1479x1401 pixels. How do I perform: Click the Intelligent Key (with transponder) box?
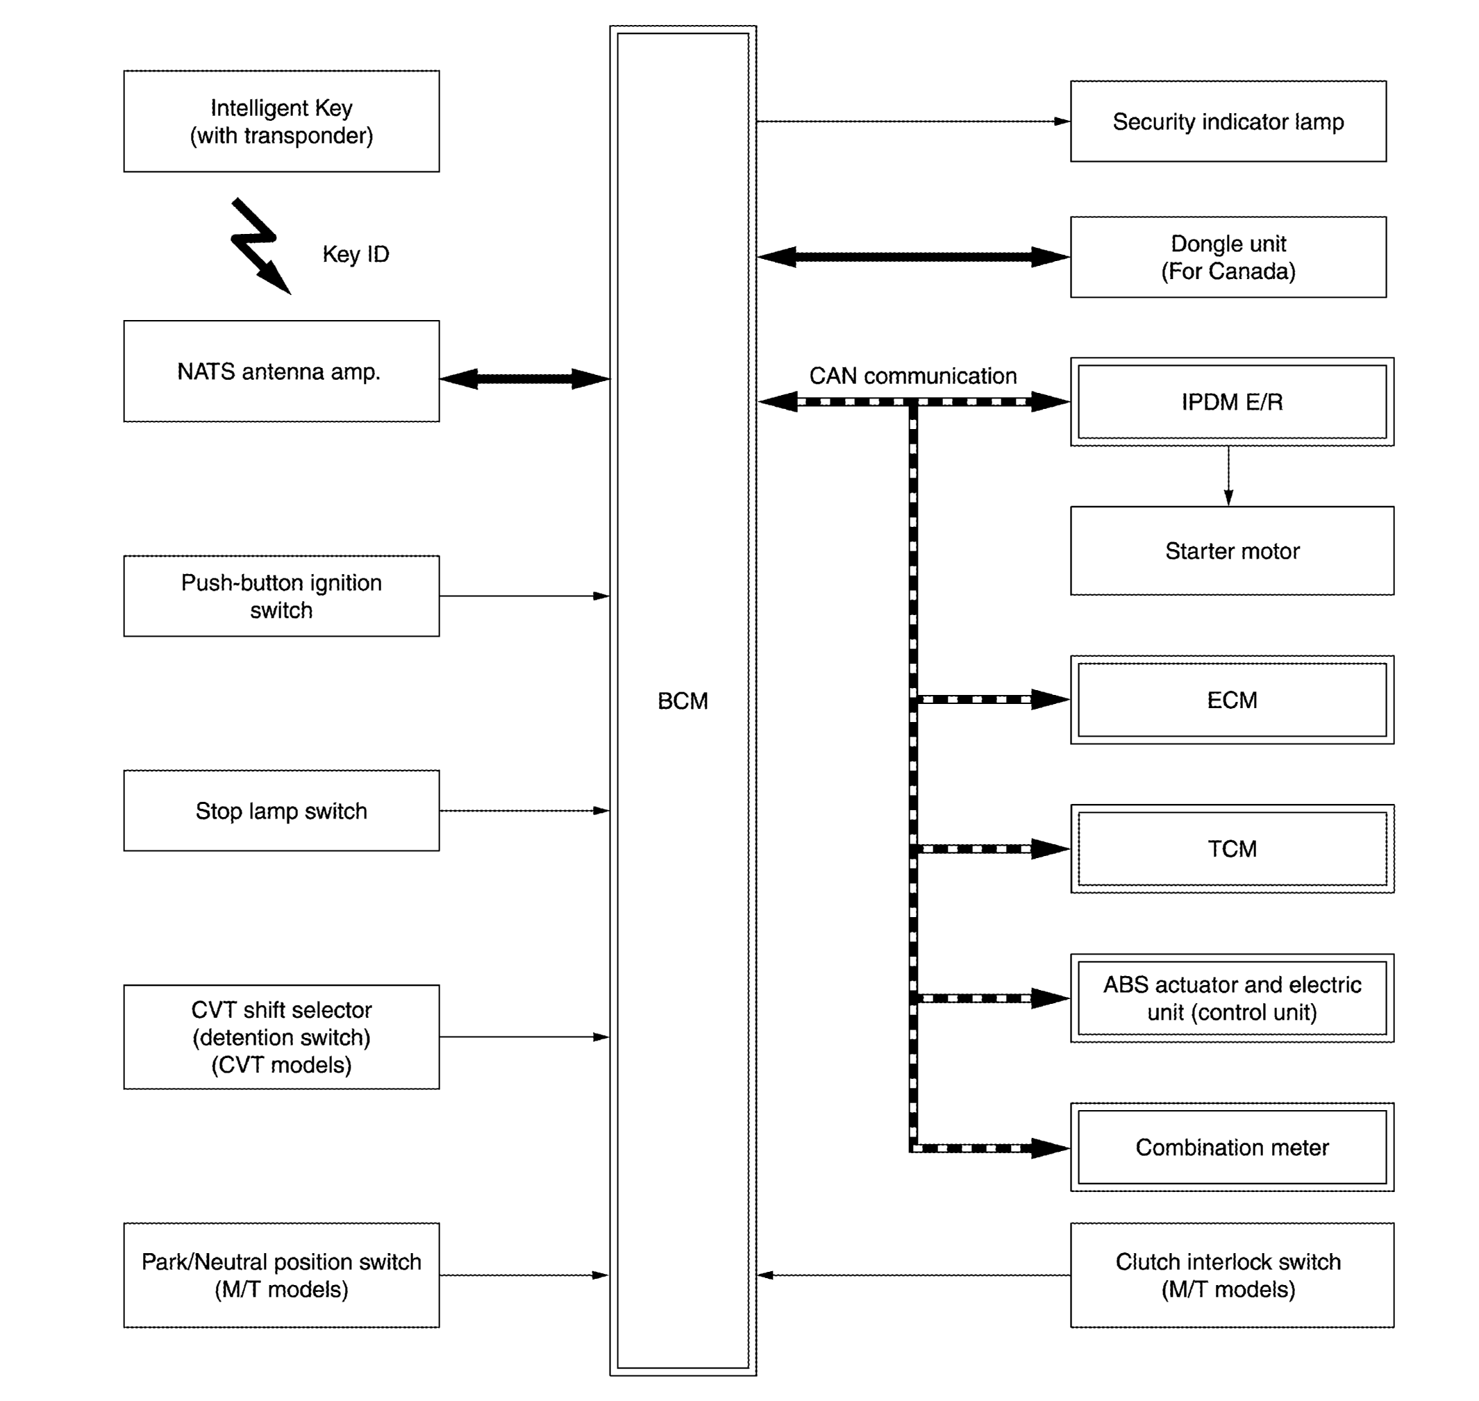pyautogui.click(x=282, y=121)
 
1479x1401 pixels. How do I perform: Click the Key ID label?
pyautogui.click(x=356, y=254)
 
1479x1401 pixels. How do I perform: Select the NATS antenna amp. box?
pyautogui.click(x=282, y=371)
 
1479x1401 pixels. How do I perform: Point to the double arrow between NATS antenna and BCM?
pyautogui.click(x=525, y=378)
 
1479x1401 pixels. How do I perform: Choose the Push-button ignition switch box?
pyautogui.click(x=282, y=596)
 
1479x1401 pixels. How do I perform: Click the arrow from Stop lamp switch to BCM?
pyautogui.click(x=525, y=810)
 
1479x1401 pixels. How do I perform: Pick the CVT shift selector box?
pyautogui.click(x=282, y=1037)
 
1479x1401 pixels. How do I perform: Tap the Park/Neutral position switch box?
pyautogui.click(x=282, y=1275)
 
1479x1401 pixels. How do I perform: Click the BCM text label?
pyautogui.click(x=683, y=700)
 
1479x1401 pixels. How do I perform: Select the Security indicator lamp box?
pyautogui.click(x=1229, y=121)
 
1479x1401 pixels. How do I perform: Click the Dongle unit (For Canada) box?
pyautogui.click(x=1229, y=257)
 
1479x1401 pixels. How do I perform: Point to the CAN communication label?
pyautogui.click(x=913, y=376)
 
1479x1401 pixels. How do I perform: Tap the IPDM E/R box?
pyautogui.click(x=1232, y=402)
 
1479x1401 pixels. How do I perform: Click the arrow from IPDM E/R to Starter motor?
pyautogui.click(x=1229, y=476)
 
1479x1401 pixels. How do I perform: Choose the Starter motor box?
pyautogui.click(x=1232, y=551)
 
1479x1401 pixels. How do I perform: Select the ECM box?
pyautogui.click(x=1232, y=700)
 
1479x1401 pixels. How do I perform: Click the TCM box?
pyautogui.click(x=1232, y=848)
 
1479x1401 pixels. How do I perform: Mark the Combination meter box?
pyautogui.click(x=1232, y=1147)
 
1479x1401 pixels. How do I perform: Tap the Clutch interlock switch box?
pyautogui.click(x=1232, y=1275)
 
